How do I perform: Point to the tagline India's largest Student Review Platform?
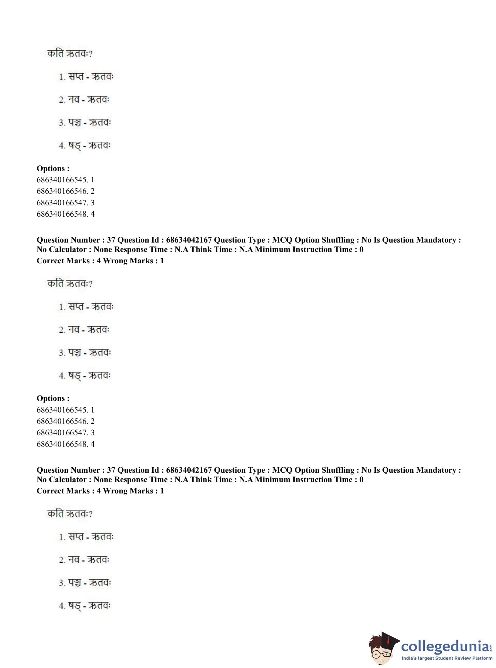click(447, 658)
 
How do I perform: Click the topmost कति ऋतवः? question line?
click(70, 54)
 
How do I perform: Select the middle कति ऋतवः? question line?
click(70, 284)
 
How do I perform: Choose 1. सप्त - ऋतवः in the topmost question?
click(86, 77)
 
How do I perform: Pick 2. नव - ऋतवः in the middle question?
click(84, 330)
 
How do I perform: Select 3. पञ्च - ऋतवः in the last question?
click(85, 583)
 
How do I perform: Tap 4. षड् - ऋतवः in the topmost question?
click(85, 146)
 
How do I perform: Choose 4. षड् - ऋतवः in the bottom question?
click(85, 606)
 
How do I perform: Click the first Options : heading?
click(53, 169)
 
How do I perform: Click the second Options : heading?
click(53, 398)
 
